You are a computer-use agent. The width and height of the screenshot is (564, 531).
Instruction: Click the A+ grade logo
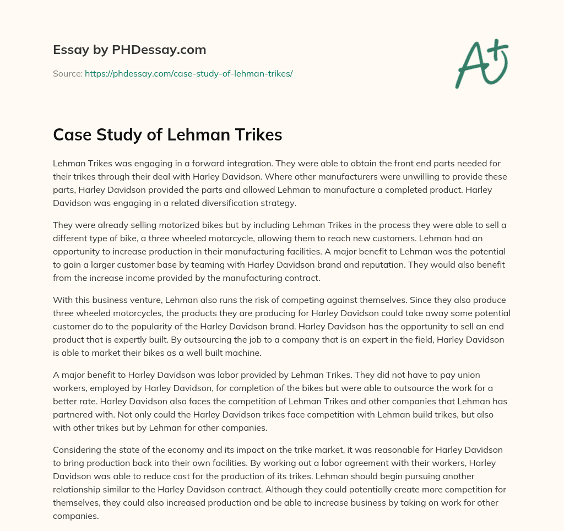[x=481, y=63]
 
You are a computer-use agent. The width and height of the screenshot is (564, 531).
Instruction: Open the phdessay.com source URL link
[x=188, y=73]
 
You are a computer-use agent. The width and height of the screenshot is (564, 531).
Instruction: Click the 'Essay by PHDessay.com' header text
[x=129, y=50]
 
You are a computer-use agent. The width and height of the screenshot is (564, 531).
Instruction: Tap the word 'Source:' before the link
[x=68, y=73]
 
